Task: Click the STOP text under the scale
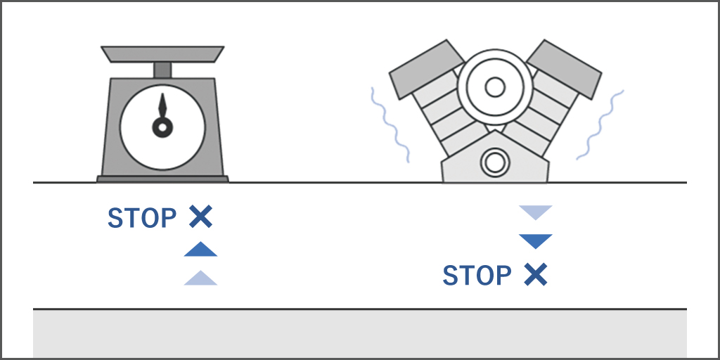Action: [142, 218]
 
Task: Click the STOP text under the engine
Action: [477, 276]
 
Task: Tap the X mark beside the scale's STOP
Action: [200, 217]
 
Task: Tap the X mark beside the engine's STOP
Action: [536, 275]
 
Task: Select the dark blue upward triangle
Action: [200, 250]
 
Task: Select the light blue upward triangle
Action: [200, 278]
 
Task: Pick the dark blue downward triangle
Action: [535, 241]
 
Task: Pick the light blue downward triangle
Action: [535, 212]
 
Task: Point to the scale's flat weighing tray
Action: [162, 54]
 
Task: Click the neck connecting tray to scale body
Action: [162, 70]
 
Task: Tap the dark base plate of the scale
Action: [162, 179]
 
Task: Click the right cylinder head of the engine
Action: [564, 69]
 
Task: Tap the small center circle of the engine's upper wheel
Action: [494, 87]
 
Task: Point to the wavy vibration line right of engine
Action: [600, 124]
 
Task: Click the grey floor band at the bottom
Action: [360, 334]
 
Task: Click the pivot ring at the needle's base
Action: [162, 128]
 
